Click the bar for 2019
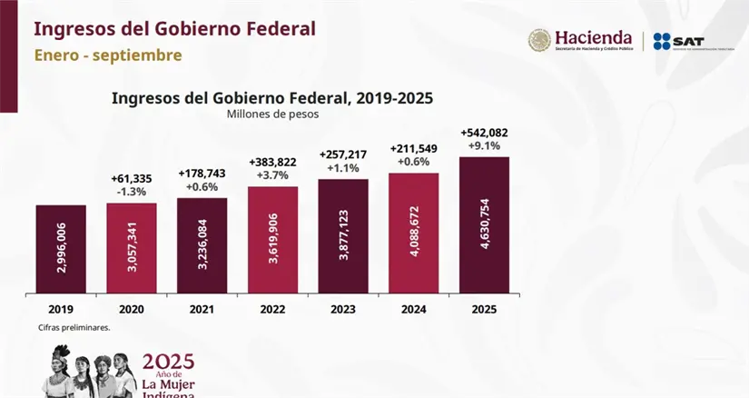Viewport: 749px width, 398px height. point(61,248)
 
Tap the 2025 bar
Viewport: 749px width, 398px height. point(485,224)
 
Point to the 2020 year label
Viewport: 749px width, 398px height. point(132,309)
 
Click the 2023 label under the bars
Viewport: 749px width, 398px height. point(343,309)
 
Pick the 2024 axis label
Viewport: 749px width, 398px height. point(414,309)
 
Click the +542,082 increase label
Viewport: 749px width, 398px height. point(485,132)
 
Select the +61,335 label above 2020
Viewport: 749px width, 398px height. point(132,177)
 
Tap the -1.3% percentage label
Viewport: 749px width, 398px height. point(132,191)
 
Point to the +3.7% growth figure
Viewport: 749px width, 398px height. point(273,174)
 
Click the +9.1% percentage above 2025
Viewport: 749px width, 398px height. point(485,145)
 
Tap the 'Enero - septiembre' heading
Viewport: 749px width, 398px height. point(108,55)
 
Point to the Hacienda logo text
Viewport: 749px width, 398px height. point(593,38)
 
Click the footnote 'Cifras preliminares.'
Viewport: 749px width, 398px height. point(74,327)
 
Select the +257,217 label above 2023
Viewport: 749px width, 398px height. point(343,154)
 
